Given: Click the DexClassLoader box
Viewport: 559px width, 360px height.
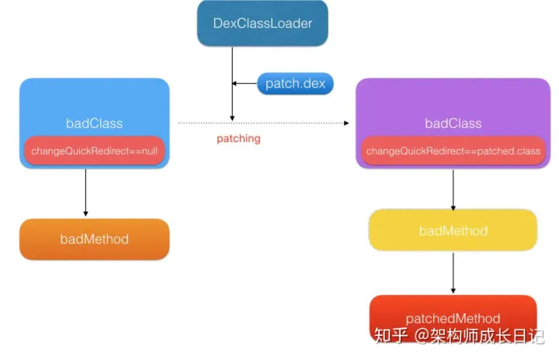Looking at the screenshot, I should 262,24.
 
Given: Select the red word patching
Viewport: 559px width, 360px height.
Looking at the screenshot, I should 238,139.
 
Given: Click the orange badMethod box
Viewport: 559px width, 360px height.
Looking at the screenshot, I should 94,239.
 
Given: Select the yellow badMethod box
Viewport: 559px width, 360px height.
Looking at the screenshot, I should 453,230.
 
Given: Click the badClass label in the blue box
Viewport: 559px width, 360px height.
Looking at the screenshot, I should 94,123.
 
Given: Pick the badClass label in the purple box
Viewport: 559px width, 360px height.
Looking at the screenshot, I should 453,123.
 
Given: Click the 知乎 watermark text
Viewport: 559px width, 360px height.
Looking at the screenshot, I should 388,337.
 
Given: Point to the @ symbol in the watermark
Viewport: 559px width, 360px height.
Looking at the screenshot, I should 421,337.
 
